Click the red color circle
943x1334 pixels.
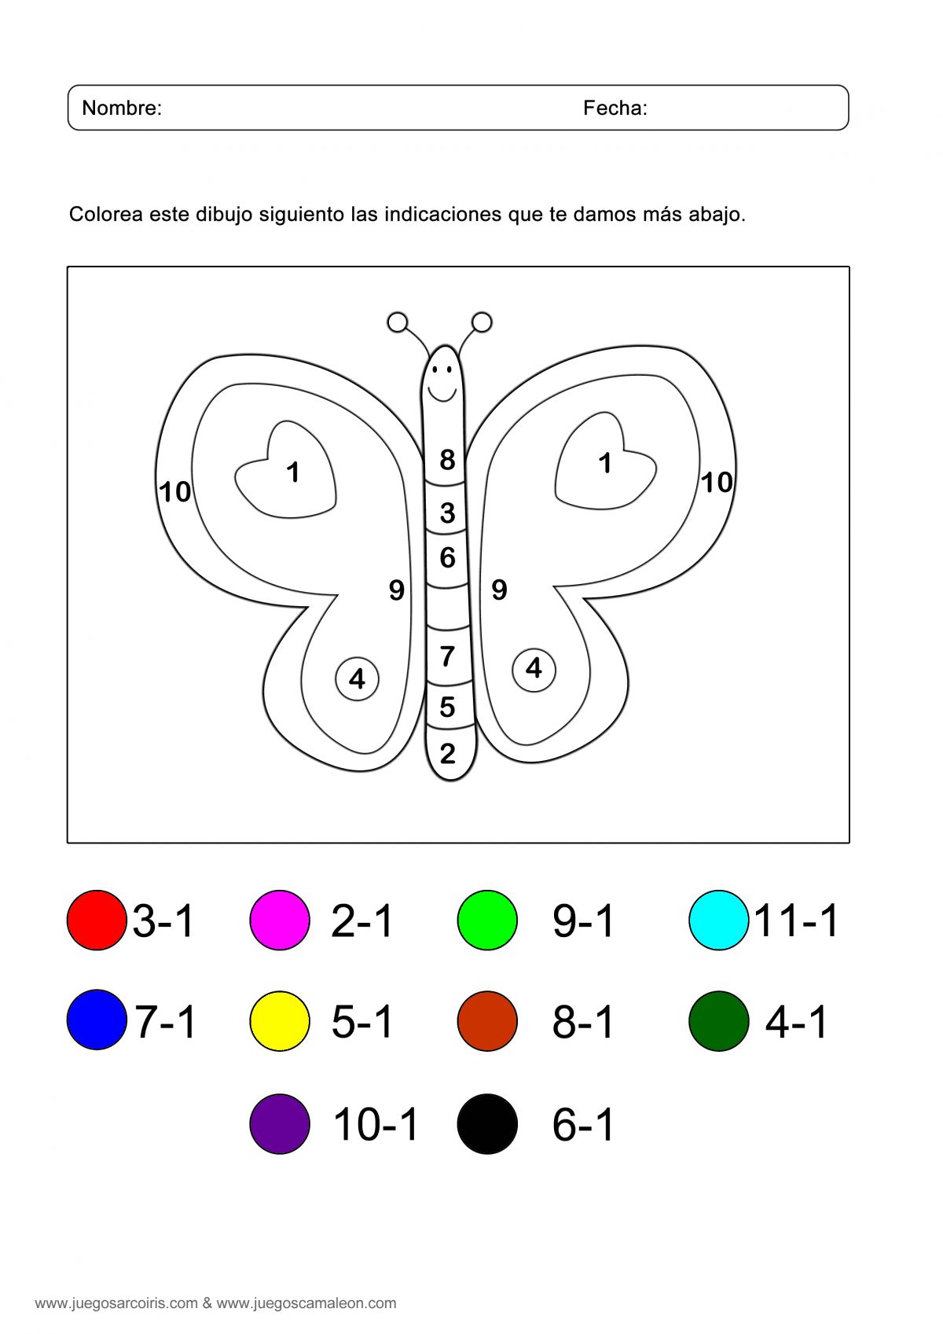coord(97,920)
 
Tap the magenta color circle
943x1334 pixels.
coord(280,920)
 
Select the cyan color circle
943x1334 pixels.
coord(718,920)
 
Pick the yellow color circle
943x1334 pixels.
coord(280,1021)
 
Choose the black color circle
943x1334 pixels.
coord(487,1124)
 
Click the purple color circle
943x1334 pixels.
coord(280,1124)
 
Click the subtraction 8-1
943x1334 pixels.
coord(583,1022)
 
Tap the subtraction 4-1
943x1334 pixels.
coord(796,1022)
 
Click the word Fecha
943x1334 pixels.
coord(613,108)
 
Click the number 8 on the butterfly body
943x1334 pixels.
coord(447,460)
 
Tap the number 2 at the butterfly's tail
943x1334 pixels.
coord(448,754)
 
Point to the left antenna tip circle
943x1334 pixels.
coord(397,322)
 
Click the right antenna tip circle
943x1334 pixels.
coord(482,322)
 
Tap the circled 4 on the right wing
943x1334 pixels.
coord(534,670)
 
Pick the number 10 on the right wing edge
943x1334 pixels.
coord(716,483)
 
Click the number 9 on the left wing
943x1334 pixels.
coord(397,590)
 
